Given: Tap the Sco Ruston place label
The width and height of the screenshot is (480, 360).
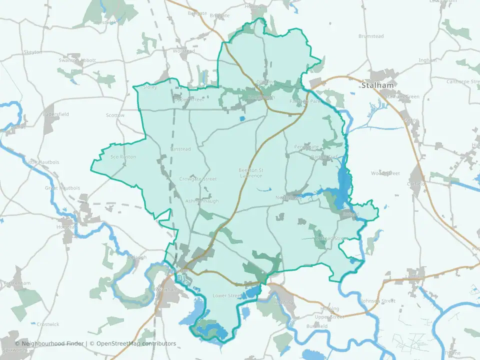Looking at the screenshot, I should pyautogui.click(x=123, y=157).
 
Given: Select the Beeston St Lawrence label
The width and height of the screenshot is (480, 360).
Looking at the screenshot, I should pyautogui.click(x=250, y=173).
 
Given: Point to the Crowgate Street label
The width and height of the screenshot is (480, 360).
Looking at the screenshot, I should pyautogui.click(x=197, y=179).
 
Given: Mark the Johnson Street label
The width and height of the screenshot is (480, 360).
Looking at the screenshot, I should pyautogui.click(x=377, y=301).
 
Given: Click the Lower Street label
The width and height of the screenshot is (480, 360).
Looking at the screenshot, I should pyautogui.click(x=227, y=295).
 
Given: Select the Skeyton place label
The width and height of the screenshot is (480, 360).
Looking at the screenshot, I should pyautogui.click(x=32, y=52).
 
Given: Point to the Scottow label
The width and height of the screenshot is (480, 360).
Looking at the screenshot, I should pyautogui.click(x=115, y=115).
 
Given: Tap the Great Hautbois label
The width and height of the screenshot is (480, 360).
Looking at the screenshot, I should pyautogui.click(x=62, y=188).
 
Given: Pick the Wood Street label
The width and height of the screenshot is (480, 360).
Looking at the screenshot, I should pyautogui.click(x=385, y=173).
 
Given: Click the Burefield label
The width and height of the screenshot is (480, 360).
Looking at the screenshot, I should pyautogui.click(x=317, y=326).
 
